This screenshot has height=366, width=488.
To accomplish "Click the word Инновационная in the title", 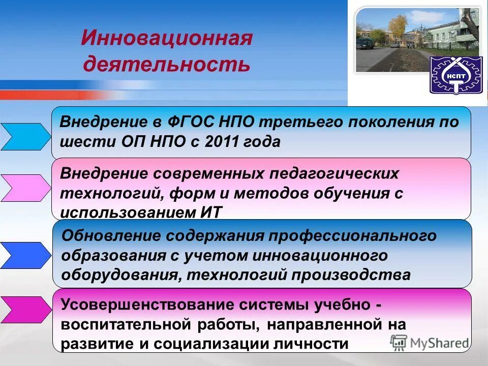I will coord(166,39).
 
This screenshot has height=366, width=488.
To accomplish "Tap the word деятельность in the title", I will coord(166,64).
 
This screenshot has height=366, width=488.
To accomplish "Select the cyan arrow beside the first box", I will coord(24,136).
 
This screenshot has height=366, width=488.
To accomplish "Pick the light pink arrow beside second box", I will coord(24,188).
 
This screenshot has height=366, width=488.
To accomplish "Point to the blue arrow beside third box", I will coord(24,255).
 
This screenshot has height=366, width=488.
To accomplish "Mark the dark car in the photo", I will coord(364,44).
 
